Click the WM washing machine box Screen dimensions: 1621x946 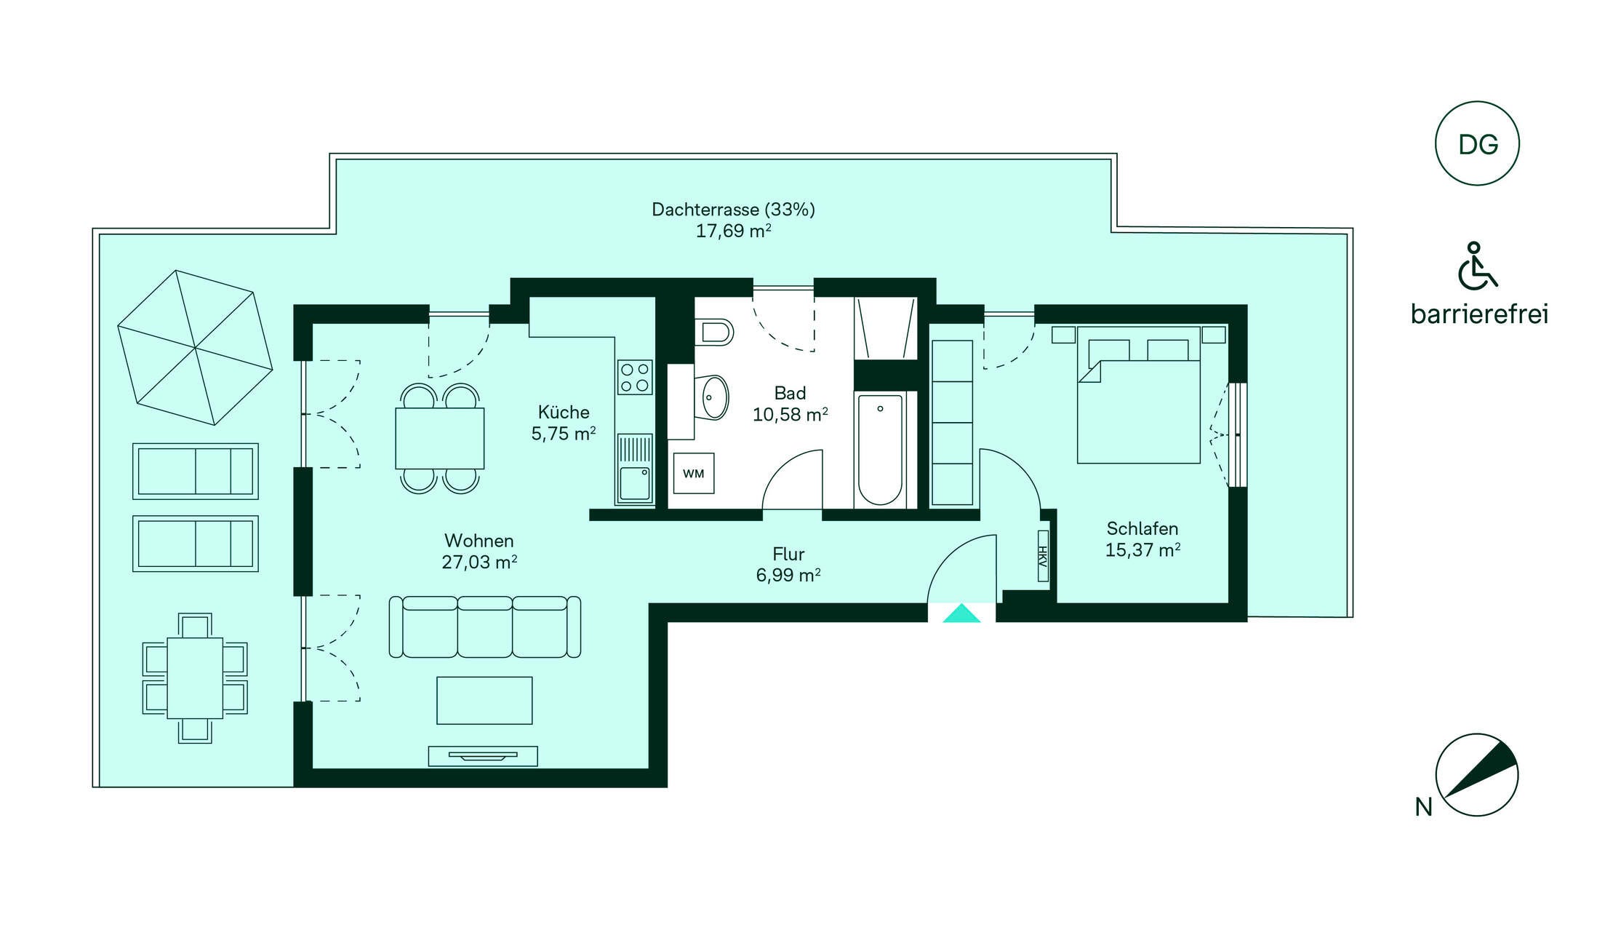[693, 473]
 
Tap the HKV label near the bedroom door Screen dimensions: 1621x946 [1043, 557]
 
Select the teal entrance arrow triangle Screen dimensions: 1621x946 [961, 613]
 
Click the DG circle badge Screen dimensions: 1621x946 [1477, 143]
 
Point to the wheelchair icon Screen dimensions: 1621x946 [1477, 266]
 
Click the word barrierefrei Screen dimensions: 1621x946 [1479, 314]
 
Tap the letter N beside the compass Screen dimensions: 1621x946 [1423, 807]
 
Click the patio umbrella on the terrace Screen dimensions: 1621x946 [195, 348]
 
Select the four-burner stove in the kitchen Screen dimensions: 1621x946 [635, 377]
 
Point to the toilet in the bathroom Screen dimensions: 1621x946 [713, 333]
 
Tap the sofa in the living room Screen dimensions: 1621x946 [485, 627]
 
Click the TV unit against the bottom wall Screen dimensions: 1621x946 [483, 756]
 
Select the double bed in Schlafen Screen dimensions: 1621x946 [1139, 395]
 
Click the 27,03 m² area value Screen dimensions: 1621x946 [479, 562]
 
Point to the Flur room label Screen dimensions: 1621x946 [788, 555]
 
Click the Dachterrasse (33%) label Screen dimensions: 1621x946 [733, 210]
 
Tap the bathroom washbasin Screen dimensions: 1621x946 [713, 397]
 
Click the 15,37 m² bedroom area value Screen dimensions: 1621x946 [1142, 550]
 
